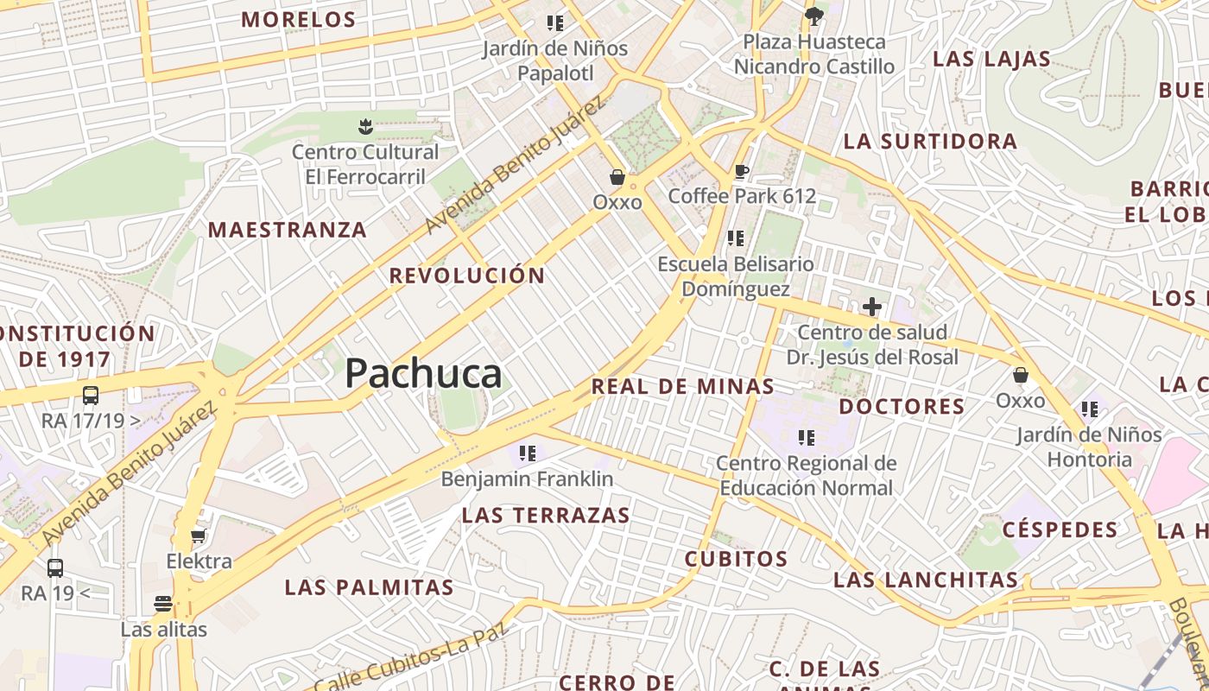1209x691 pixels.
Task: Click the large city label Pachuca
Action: pyautogui.click(x=423, y=374)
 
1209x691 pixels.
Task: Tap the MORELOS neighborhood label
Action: pyautogui.click(x=298, y=20)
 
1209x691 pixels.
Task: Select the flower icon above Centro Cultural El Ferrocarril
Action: pyautogui.click(x=365, y=127)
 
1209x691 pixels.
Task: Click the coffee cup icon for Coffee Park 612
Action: pyautogui.click(x=741, y=171)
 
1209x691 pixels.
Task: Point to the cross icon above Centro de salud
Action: pyautogui.click(x=872, y=307)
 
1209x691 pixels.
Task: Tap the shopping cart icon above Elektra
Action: pyautogui.click(x=199, y=536)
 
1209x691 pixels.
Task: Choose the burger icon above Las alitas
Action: pyautogui.click(x=163, y=604)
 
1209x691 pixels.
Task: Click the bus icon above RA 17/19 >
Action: pyautogui.click(x=91, y=396)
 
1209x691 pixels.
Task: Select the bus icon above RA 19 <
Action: pyautogui.click(x=55, y=568)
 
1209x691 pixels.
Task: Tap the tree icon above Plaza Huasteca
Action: pyautogui.click(x=813, y=16)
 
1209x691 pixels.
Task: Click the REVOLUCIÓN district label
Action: pyautogui.click(x=467, y=276)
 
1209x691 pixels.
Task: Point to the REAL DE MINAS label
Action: pyautogui.click(x=682, y=387)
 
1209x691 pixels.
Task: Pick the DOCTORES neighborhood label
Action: pyautogui.click(x=902, y=407)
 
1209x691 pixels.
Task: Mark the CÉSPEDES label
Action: pyautogui.click(x=1060, y=529)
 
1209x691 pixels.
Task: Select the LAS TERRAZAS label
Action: pyautogui.click(x=546, y=516)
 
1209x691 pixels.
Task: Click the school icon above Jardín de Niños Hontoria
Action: pyautogui.click(x=1088, y=409)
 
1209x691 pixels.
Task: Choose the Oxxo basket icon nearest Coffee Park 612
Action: pyautogui.click(x=617, y=177)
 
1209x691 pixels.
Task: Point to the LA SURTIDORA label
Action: pyautogui.click(x=930, y=142)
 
